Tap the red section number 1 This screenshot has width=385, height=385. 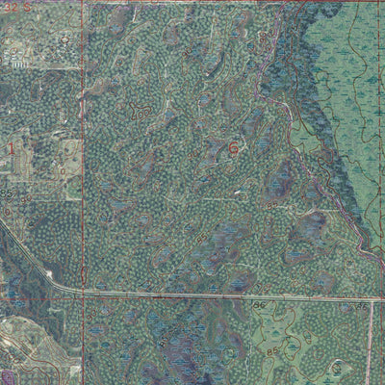coord(12,147)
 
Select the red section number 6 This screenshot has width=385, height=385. coord(233,148)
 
